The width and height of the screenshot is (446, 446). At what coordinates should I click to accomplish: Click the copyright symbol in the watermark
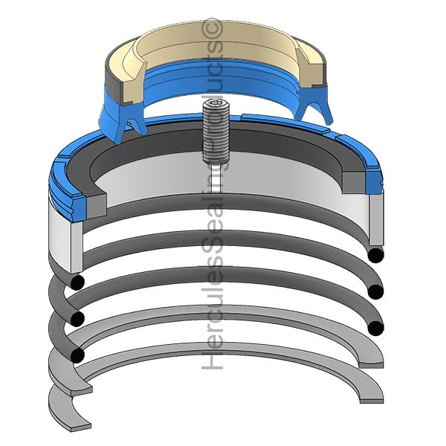coord(211,28)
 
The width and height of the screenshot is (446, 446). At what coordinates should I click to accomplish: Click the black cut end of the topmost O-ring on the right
coord(375,255)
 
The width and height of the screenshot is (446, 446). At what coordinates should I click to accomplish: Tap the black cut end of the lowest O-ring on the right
coord(375,329)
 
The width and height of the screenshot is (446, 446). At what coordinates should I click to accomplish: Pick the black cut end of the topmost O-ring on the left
coord(77,282)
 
